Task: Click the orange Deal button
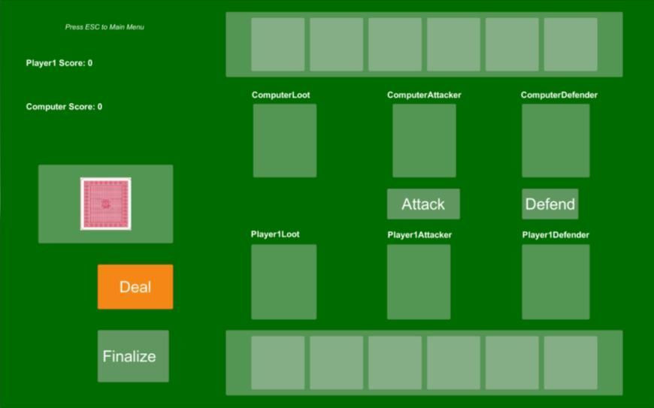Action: click(x=135, y=287)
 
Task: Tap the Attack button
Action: click(x=423, y=204)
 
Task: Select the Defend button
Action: click(x=550, y=204)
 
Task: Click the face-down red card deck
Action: click(x=105, y=204)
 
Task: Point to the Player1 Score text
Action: click(x=59, y=63)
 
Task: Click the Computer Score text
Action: click(x=64, y=107)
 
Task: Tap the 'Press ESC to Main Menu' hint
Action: click(x=104, y=27)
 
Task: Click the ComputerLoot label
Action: click(x=280, y=95)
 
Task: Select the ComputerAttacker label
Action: click(x=424, y=95)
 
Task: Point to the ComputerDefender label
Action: click(x=559, y=95)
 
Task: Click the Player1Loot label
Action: click(x=275, y=234)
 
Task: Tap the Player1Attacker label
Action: click(x=419, y=235)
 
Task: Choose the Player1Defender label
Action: click(x=556, y=235)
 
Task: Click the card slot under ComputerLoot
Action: click(x=285, y=141)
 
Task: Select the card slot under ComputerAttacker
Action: click(x=424, y=141)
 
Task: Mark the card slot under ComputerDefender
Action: click(x=556, y=141)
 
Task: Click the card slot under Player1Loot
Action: click(x=283, y=282)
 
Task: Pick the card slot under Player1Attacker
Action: click(x=419, y=282)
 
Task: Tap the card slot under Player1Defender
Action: click(x=556, y=282)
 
